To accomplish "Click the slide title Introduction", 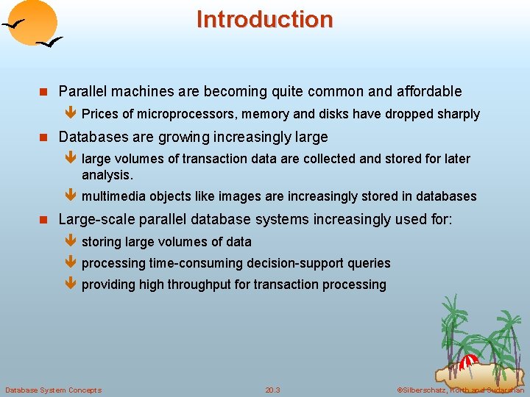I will click(264, 19).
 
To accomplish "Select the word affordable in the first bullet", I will click(429, 91).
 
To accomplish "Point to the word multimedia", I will click(113, 196).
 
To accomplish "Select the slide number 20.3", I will click(272, 390).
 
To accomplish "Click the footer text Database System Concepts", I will click(53, 390).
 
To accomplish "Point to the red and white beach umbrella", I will click(467, 361).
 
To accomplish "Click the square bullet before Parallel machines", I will click(43, 92).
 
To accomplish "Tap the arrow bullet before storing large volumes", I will click(71, 242).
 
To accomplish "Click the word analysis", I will click(107, 175).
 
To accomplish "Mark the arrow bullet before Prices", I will click(71, 114).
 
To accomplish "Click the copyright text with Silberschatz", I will click(460, 390).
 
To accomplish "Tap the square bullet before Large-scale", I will click(43, 220).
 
